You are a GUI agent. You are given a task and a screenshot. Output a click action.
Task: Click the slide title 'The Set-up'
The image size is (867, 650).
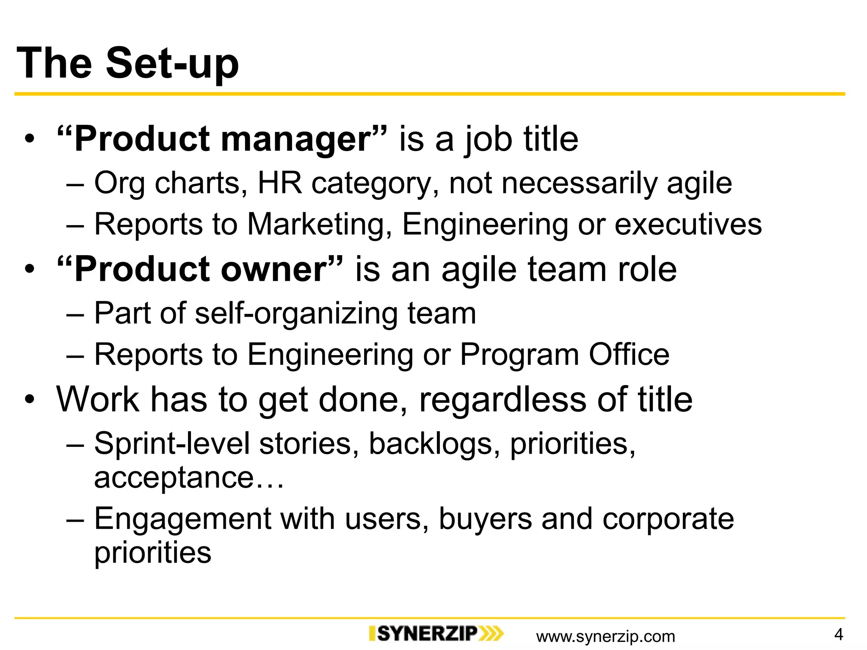click(128, 63)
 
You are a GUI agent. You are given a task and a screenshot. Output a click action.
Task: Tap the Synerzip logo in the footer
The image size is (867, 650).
click(436, 633)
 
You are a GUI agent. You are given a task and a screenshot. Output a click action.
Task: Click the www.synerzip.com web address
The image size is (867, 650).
click(605, 636)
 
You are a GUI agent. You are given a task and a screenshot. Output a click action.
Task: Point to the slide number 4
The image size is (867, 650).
click(838, 634)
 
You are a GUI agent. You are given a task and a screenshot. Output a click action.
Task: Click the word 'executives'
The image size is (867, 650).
click(688, 224)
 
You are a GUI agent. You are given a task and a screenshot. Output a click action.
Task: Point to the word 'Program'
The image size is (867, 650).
click(519, 354)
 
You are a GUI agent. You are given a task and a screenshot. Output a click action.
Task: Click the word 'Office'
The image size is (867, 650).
click(629, 354)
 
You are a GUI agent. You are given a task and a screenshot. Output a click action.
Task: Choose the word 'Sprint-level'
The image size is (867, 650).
click(172, 444)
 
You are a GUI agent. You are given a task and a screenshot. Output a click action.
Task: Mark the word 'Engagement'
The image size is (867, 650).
click(182, 519)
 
